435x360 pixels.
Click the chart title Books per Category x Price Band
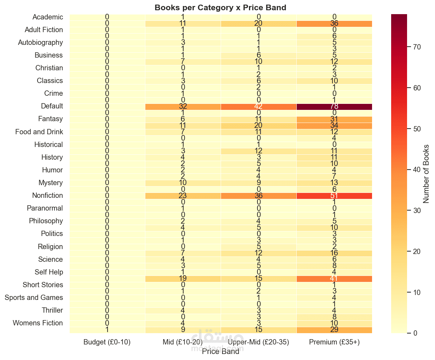tap(220, 7)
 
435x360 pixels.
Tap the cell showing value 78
tap(334, 106)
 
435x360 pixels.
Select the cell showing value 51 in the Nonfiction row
tap(334, 196)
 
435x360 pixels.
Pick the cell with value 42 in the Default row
tap(259, 106)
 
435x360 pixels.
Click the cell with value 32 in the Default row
tap(183, 106)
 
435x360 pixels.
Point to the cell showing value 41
tap(334, 279)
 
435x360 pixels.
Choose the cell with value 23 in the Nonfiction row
tap(183, 196)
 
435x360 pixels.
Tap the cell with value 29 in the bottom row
tap(334, 330)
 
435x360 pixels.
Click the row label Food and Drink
tap(39, 132)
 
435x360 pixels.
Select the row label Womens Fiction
tap(38, 323)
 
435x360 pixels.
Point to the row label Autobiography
tap(41, 42)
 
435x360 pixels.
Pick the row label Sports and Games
tap(34, 297)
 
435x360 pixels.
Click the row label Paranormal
tap(45, 208)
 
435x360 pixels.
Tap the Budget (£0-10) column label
tap(107, 342)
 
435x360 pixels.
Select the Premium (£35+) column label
tap(334, 342)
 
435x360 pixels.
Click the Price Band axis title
tap(220, 351)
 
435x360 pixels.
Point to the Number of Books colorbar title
tap(426, 174)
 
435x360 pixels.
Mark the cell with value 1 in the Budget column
tap(107, 330)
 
